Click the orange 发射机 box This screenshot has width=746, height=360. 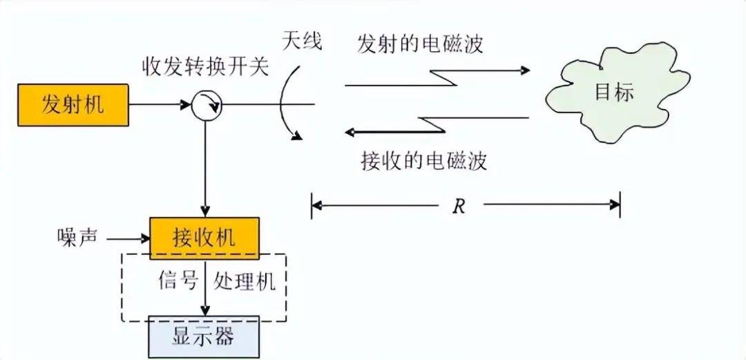(73, 104)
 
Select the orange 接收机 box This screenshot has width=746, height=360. (204, 237)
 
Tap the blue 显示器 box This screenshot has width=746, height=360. (204, 337)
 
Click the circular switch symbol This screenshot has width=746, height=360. (205, 105)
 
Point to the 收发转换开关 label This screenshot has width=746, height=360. (205, 68)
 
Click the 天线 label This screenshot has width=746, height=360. (301, 41)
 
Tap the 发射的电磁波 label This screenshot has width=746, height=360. (419, 44)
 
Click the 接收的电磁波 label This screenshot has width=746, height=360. (424, 160)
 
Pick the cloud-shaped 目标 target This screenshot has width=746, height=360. (608, 93)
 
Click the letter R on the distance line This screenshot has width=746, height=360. (458, 206)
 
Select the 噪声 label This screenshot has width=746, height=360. (77, 237)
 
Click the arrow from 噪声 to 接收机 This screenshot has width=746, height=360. (128, 238)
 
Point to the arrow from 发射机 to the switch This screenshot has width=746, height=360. (159, 105)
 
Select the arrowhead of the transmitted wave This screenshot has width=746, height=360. (525, 70)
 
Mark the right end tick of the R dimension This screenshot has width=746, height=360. (619, 205)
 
